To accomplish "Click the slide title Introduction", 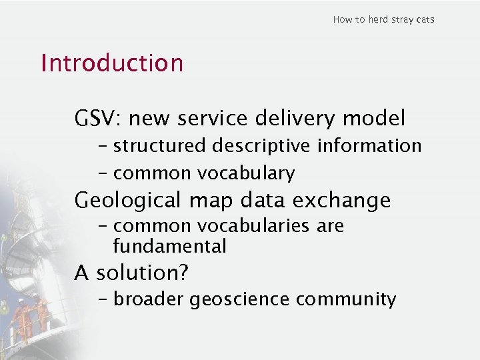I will pyautogui.click(x=111, y=63).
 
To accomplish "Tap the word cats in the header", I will pyautogui.click(x=425, y=19).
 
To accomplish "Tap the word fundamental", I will pyautogui.click(x=169, y=247).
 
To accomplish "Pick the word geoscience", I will pyautogui.click(x=240, y=300).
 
